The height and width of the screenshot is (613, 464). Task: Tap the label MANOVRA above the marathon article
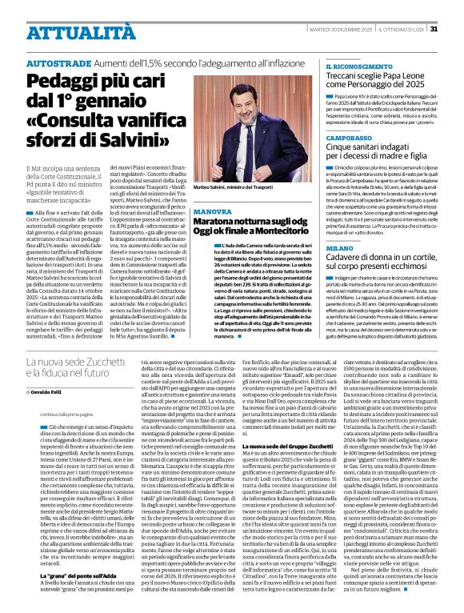pyautogui.click(x=212, y=211)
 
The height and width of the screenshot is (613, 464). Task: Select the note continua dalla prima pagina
pyautogui.click(x=63, y=414)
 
